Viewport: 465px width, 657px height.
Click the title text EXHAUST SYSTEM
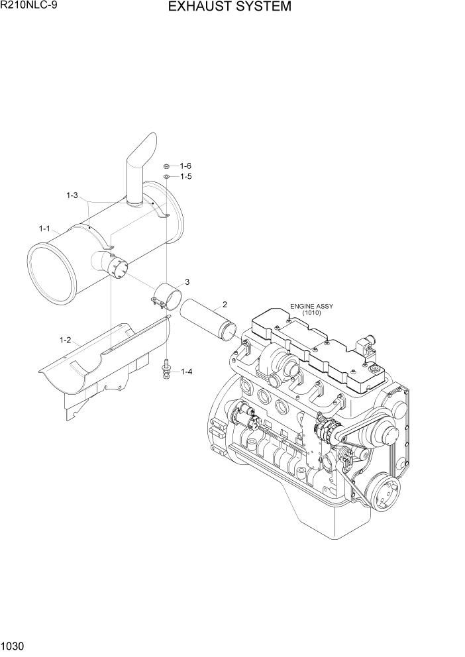click(x=229, y=7)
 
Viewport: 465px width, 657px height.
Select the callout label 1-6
click(x=185, y=166)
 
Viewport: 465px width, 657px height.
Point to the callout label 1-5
click(x=185, y=177)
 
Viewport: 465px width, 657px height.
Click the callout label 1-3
click(x=72, y=195)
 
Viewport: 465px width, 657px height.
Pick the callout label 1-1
click(x=44, y=228)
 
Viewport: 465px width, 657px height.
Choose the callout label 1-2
click(x=64, y=340)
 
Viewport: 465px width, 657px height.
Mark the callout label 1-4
click(x=185, y=372)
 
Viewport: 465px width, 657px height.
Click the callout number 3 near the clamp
click(x=187, y=282)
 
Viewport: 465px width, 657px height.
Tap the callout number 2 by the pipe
click(x=225, y=305)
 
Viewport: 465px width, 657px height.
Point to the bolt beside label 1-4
click(x=164, y=368)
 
